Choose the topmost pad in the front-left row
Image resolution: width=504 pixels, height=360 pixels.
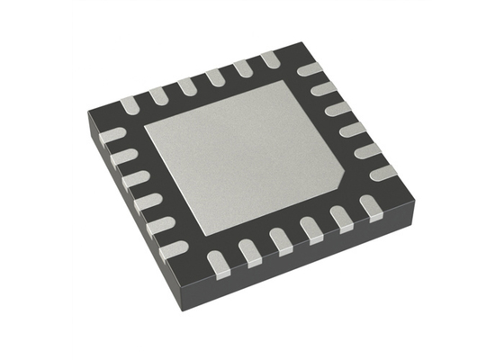(112, 135)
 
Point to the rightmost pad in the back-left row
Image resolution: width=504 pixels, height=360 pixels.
(270, 58)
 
